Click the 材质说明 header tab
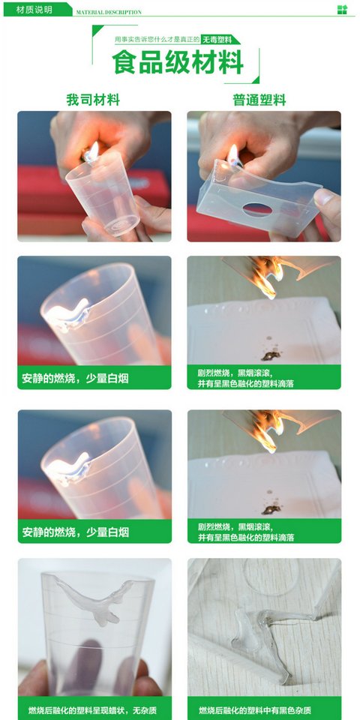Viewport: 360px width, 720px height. [35, 10]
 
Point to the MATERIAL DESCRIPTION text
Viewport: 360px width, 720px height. [109, 13]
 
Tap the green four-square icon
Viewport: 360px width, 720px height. [342, 10]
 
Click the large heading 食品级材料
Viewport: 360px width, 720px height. [178, 62]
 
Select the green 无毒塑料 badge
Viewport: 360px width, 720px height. [219, 40]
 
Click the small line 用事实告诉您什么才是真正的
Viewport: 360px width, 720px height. [157, 40]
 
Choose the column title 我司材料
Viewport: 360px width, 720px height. [93, 100]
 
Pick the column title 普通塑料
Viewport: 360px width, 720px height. [259, 100]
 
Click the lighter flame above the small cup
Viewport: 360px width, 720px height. [93, 150]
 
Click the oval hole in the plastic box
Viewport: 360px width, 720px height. [257, 209]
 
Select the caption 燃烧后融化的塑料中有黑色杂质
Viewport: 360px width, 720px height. [262, 710]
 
